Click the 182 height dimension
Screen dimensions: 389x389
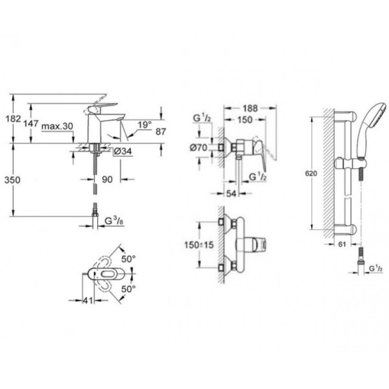17,119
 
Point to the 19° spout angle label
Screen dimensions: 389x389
145,126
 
